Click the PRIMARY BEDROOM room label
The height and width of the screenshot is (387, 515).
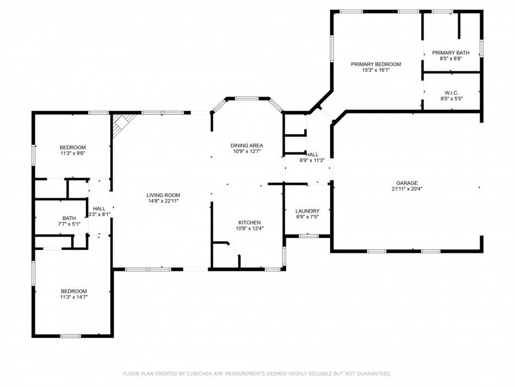(x=376, y=64)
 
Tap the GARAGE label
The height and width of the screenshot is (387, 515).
(x=407, y=183)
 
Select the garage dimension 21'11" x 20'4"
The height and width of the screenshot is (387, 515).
(x=407, y=189)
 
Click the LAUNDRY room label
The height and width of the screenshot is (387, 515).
(x=307, y=211)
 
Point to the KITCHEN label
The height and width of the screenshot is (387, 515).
(x=249, y=222)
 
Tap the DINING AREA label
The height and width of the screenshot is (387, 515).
(x=246, y=145)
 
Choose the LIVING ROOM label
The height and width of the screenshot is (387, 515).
(x=163, y=195)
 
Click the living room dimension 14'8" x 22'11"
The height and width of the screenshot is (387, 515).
(x=163, y=201)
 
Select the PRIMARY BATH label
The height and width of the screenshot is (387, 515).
(x=451, y=52)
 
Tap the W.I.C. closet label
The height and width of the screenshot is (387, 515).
(x=451, y=93)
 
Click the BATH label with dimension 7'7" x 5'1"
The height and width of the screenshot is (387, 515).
(x=69, y=218)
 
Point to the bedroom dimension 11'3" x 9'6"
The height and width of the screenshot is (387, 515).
(x=73, y=153)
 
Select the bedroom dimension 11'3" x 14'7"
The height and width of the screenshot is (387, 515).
(x=73, y=297)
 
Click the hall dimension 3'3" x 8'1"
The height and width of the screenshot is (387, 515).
(x=99, y=214)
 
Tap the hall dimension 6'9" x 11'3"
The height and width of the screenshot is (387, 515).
(x=312, y=161)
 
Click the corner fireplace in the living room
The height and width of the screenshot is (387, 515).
(x=122, y=123)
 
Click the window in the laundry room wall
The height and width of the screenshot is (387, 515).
(x=308, y=235)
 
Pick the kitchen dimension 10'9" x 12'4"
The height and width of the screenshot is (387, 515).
(x=249, y=228)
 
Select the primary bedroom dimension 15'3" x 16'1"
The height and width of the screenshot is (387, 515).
(x=376, y=70)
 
